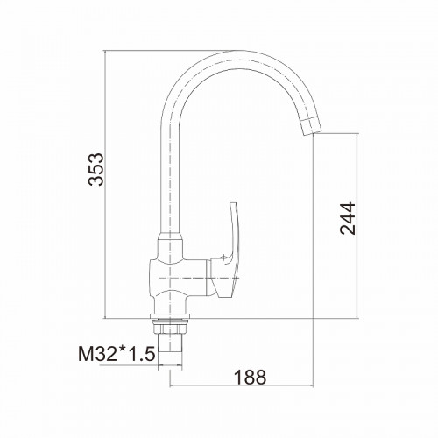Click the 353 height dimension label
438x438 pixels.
click(95, 169)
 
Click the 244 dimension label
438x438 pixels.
click(348, 218)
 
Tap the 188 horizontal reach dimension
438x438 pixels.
click(251, 377)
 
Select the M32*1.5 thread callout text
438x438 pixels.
click(117, 354)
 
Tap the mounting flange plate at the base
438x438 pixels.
click(170, 316)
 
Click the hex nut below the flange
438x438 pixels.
click(170, 328)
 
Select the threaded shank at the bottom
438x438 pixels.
click(170, 348)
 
